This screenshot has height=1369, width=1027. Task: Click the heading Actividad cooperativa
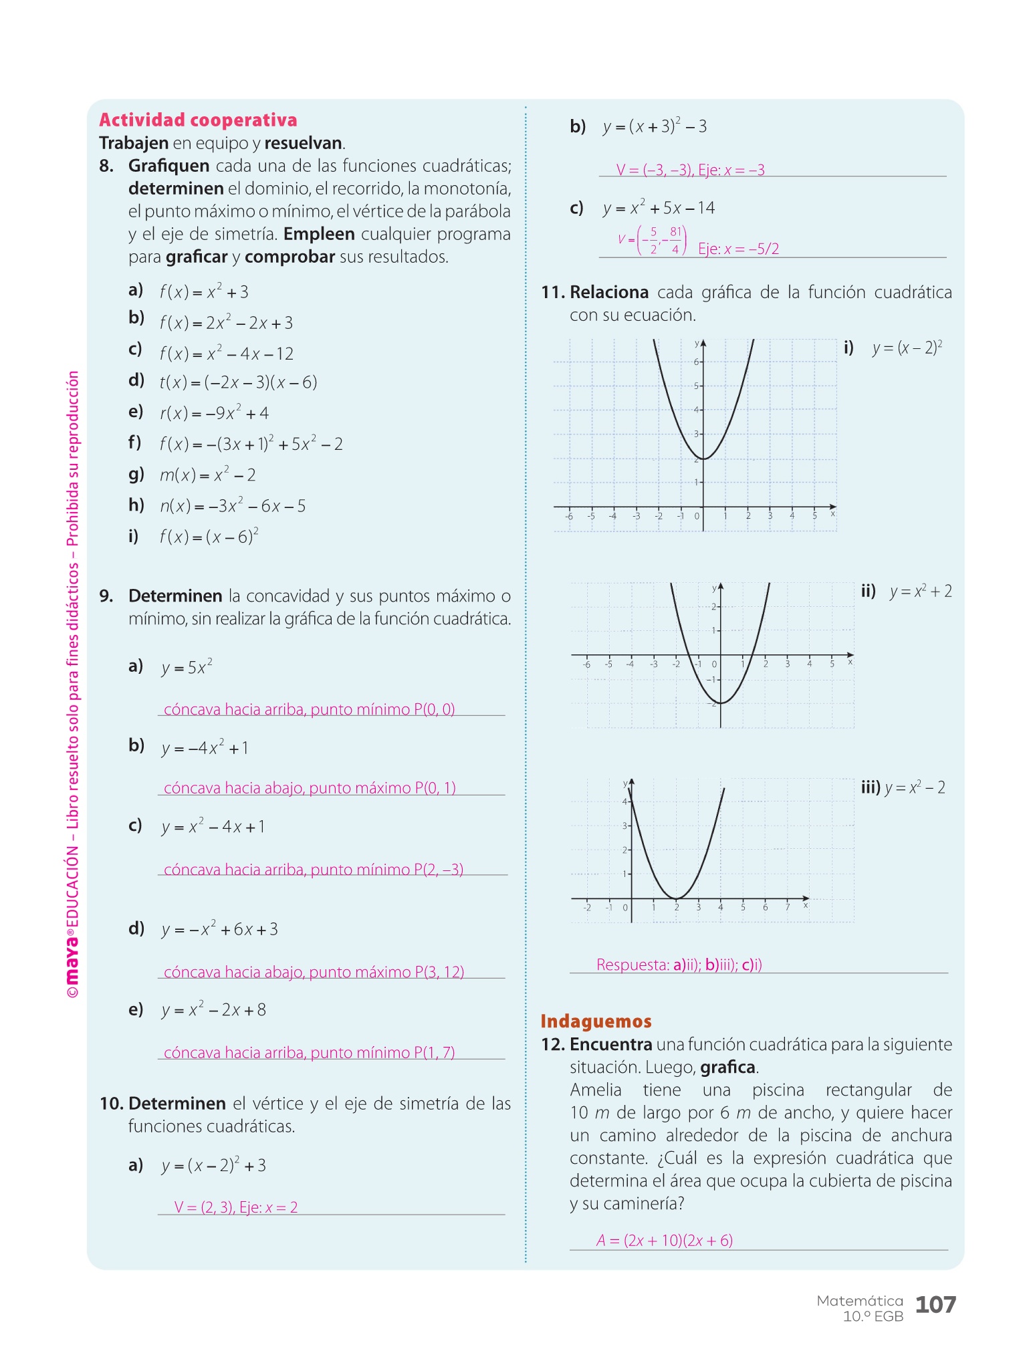click(198, 120)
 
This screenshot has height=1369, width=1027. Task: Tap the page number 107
click(935, 1304)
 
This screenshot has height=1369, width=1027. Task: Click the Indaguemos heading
click(596, 1021)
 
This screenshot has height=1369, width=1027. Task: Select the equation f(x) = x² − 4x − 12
click(226, 353)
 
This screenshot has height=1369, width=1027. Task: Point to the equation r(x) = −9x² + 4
click(214, 413)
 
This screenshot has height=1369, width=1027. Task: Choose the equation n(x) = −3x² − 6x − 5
click(232, 506)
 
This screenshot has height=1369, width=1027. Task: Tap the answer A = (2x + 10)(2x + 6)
click(665, 1241)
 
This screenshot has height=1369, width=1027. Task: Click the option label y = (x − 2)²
click(907, 348)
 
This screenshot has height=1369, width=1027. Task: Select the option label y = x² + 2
click(920, 592)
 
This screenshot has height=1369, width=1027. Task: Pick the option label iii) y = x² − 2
click(903, 787)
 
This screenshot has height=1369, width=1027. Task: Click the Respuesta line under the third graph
click(679, 965)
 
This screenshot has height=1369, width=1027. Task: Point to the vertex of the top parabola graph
click(703, 459)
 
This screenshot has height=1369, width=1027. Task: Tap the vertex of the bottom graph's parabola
click(677, 898)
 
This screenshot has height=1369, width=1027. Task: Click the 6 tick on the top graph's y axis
click(697, 362)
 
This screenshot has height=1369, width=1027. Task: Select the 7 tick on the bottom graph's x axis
click(788, 906)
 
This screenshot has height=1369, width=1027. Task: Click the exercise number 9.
click(106, 596)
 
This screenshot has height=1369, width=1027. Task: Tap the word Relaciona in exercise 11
click(608, 293)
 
